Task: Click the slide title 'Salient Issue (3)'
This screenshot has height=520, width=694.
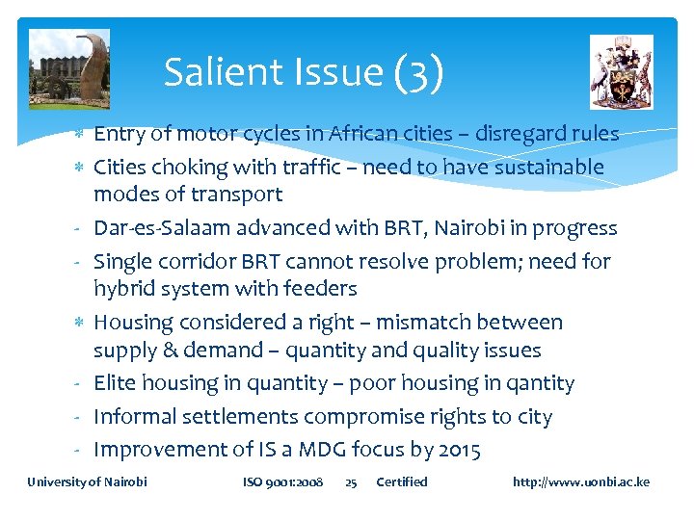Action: (304, 72)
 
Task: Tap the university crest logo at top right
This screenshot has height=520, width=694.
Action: (621, 71)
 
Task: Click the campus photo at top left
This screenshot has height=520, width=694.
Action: (68, 69)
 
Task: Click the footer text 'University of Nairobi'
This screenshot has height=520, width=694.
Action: (87, 481)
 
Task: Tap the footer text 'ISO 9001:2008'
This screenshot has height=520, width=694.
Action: (282, 481)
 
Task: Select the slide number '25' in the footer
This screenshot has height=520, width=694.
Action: (351, 481)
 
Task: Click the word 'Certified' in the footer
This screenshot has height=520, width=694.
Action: (401, 481)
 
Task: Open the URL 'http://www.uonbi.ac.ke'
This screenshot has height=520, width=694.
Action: (581, 481)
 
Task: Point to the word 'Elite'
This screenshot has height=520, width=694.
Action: (115, 383)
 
